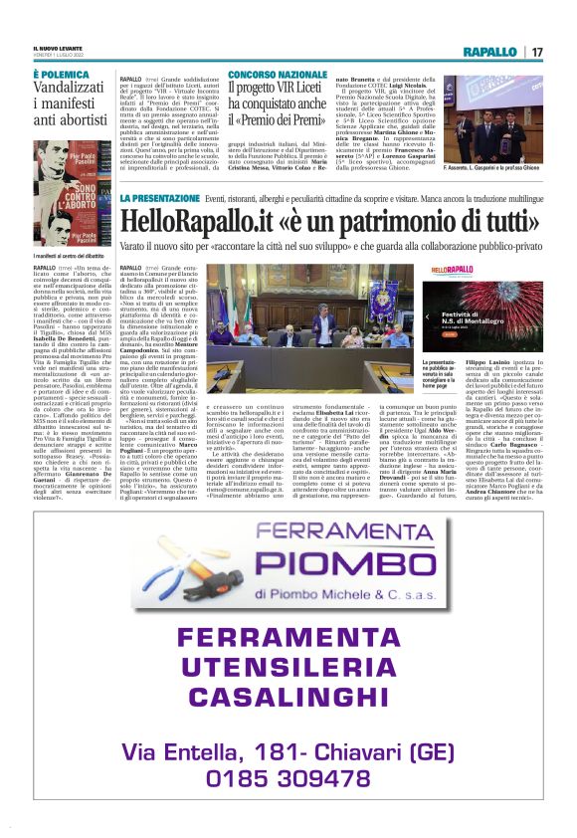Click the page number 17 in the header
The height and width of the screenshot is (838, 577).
point(536,52)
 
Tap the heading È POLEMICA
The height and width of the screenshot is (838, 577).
point(62,75)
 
